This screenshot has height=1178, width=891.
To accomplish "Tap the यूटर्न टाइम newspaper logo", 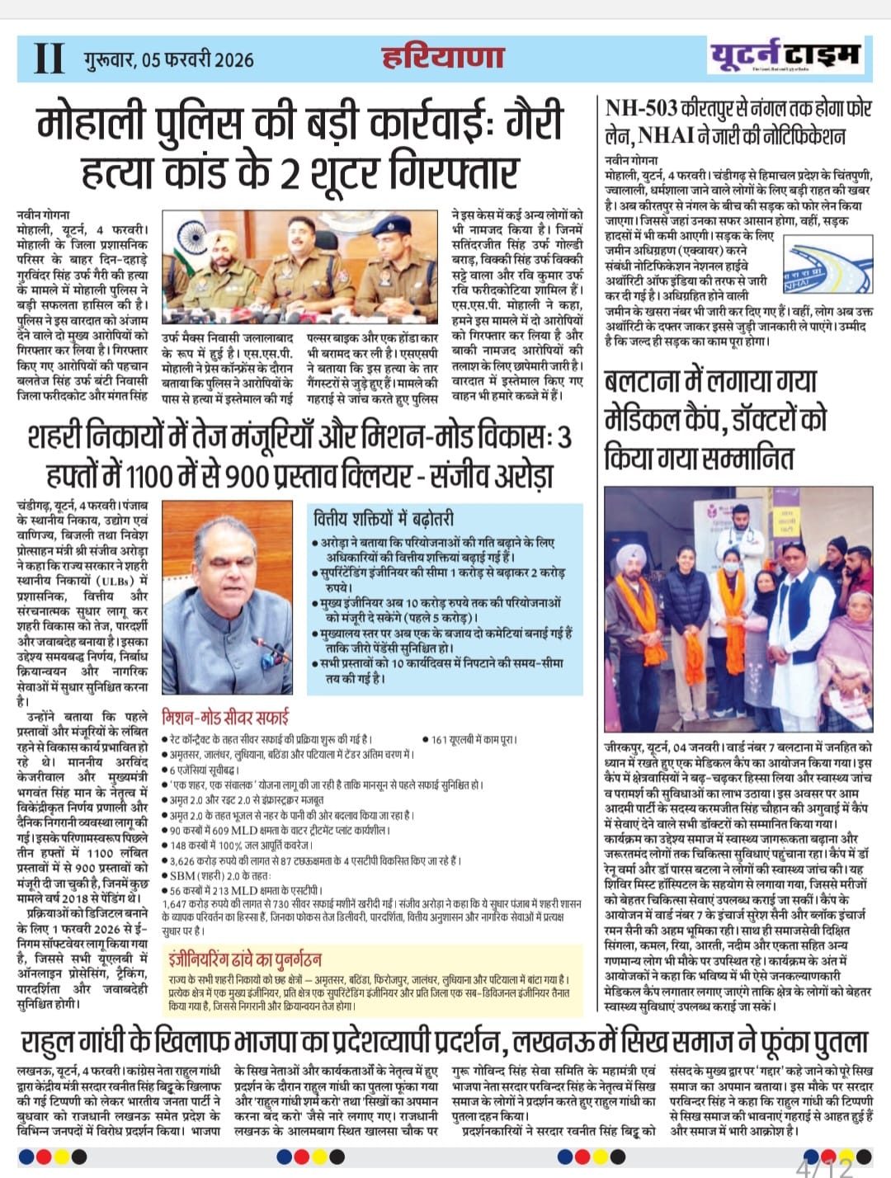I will tap(784, 56).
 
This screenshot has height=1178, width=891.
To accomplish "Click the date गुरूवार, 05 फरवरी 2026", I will tap(168, 59).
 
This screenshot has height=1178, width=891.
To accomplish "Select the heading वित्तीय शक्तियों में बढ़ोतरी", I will tap(383, 519).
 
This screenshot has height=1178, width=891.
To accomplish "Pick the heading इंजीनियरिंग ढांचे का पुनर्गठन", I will tap(244, 959).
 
